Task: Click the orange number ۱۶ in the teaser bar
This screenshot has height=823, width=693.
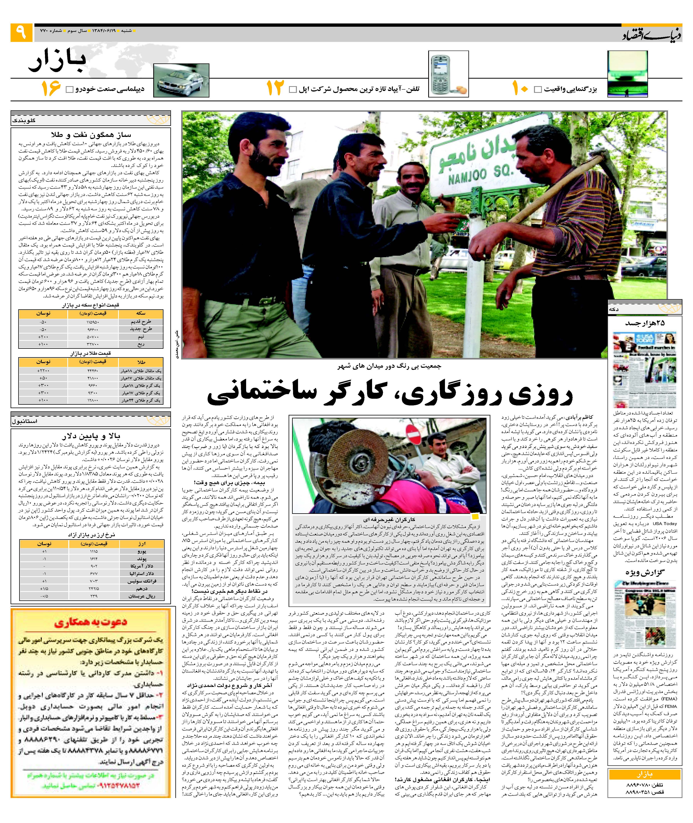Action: click(x=51, y=88)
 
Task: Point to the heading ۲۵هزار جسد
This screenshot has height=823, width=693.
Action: click(x=645, y=323)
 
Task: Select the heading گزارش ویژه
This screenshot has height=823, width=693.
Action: click(x=645, y=572)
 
